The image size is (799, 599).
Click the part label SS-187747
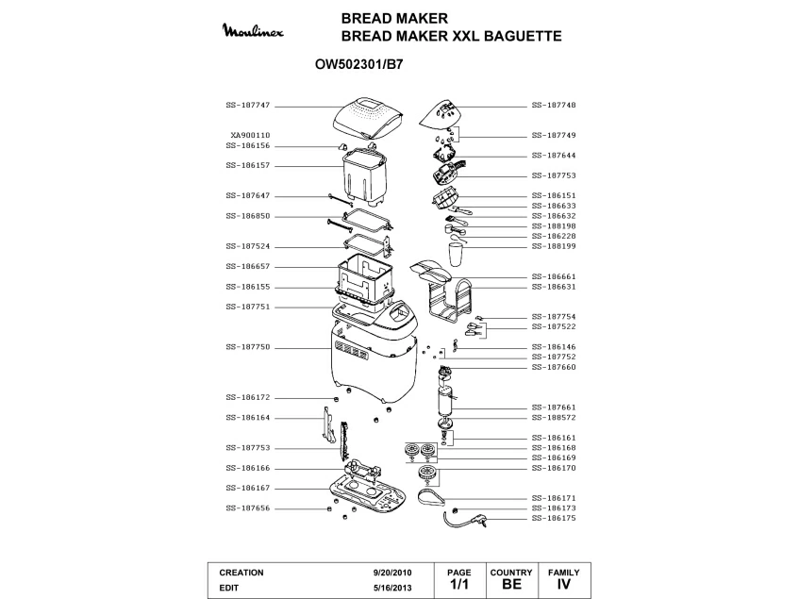[247, 106]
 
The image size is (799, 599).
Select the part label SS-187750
[247, 347]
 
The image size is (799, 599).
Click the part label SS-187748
[554, 106]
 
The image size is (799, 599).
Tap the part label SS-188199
[554, 245]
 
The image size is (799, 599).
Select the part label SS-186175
[554, 518]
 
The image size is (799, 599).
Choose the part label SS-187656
[247, 508]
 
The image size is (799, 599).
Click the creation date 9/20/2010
[392, 573]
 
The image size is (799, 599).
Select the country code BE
[511, 585]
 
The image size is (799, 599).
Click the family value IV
[564, 585]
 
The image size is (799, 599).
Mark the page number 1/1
[458, 585]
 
